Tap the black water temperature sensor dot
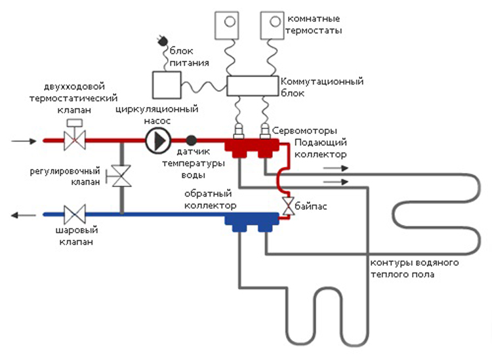click(x=191, y=140)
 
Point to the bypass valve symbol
click(x=287, y=205)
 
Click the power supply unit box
click(x=166, y=85)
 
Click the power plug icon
click(x=160, y=43)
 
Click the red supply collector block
click(x=253, y=148)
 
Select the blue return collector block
click(x=252, y=221)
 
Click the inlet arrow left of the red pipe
click(x=21, y=140)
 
